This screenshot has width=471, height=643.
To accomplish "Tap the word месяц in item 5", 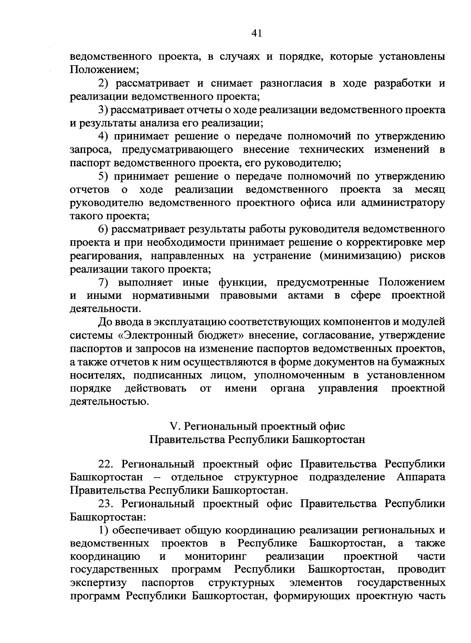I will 430,190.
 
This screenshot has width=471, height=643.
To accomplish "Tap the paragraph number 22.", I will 106,464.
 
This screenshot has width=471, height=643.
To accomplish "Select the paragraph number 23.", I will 106,504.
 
